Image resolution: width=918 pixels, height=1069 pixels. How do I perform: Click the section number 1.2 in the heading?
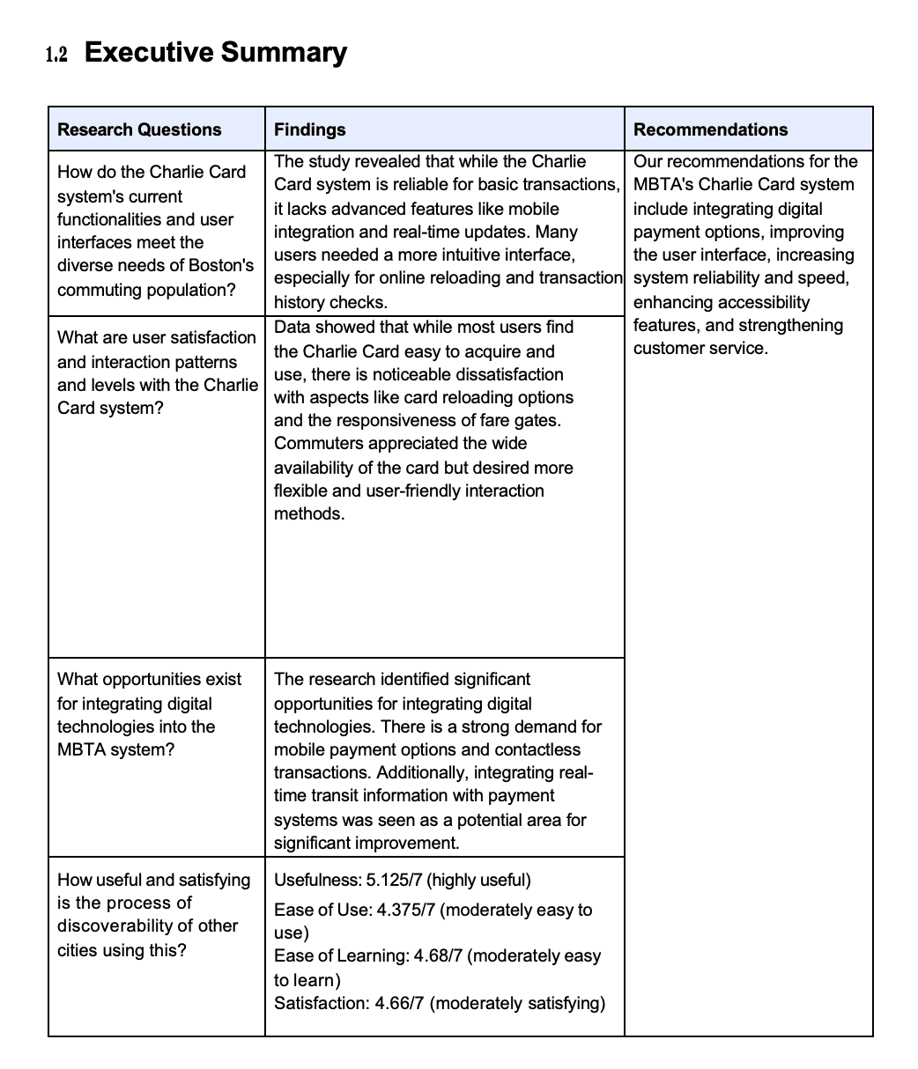[56, 55]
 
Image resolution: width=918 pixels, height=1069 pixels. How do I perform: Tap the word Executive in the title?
[148, 53]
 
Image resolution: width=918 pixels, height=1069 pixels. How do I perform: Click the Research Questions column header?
[139, 129]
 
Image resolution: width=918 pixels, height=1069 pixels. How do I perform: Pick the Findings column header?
[309, 129]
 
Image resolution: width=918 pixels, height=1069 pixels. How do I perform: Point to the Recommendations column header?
[710, 129]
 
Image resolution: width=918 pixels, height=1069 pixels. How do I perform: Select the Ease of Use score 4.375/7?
[405, 910]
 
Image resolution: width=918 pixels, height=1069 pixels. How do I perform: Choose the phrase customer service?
[700, 348]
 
